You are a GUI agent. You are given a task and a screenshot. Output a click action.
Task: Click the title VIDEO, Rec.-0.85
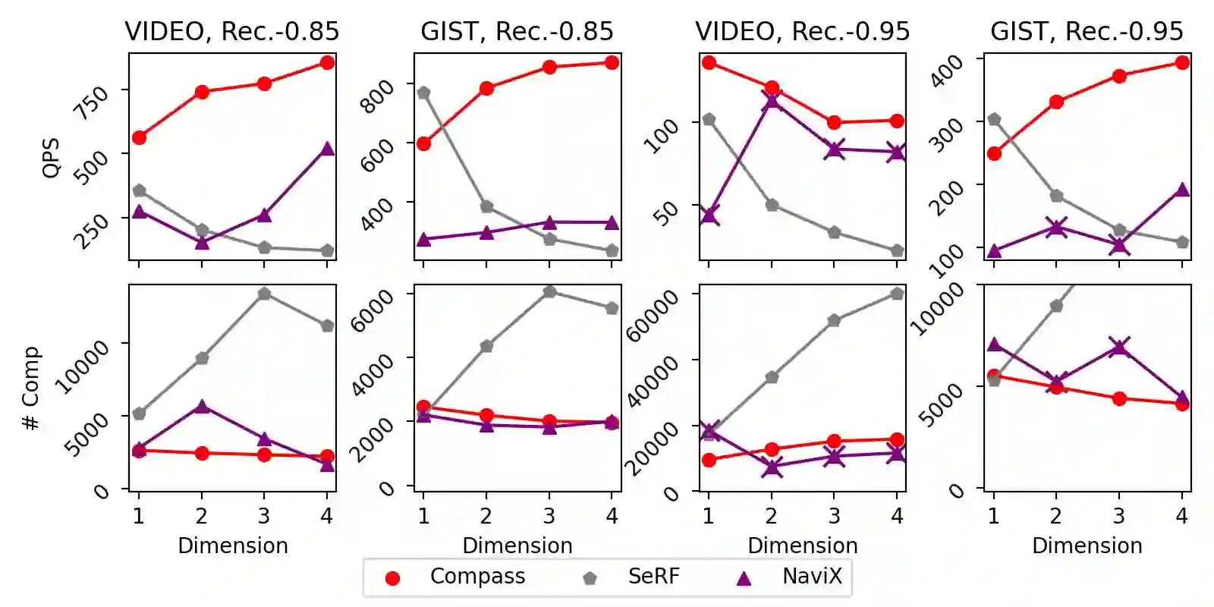point(231,31)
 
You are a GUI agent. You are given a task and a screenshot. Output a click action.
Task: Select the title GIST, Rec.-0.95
point(1087,31)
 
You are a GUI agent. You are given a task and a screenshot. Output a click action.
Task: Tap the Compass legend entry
point(477,577)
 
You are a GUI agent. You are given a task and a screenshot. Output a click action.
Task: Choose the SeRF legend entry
point(653,577)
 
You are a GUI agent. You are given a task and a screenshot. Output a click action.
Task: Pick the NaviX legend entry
point(812,577)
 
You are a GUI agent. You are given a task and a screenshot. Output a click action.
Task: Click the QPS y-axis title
point(51,158)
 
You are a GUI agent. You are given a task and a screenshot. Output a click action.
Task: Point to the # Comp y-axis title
point(31,388)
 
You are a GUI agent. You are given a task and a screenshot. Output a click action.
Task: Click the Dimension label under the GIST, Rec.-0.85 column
point(517,546)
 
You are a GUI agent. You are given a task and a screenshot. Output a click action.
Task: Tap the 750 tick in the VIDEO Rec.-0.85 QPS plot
point(91,102)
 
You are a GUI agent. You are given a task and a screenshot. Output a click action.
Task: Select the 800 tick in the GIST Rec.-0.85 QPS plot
point(377,96)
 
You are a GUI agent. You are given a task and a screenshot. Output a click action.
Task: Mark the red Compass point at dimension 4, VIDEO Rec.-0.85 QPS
point(327,62)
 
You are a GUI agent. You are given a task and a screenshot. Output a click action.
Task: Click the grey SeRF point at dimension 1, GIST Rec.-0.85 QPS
point(423,93)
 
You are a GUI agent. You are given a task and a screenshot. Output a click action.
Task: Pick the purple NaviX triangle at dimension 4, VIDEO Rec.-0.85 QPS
point(327,149)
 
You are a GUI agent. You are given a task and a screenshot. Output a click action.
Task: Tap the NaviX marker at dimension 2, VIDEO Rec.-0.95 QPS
point(772,100)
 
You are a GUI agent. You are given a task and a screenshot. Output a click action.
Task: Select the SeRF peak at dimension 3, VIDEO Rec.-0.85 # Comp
point(264,294)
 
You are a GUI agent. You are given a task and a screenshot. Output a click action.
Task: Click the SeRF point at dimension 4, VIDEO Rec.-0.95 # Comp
point(897,294)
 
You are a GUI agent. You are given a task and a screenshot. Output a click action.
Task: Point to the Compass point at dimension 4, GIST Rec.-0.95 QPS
point(1181,62)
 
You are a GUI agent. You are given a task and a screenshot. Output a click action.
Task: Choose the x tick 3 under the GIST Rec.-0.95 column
point(1118,516)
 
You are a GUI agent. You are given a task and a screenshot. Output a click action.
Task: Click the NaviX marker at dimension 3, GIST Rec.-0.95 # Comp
point(1118,348)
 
